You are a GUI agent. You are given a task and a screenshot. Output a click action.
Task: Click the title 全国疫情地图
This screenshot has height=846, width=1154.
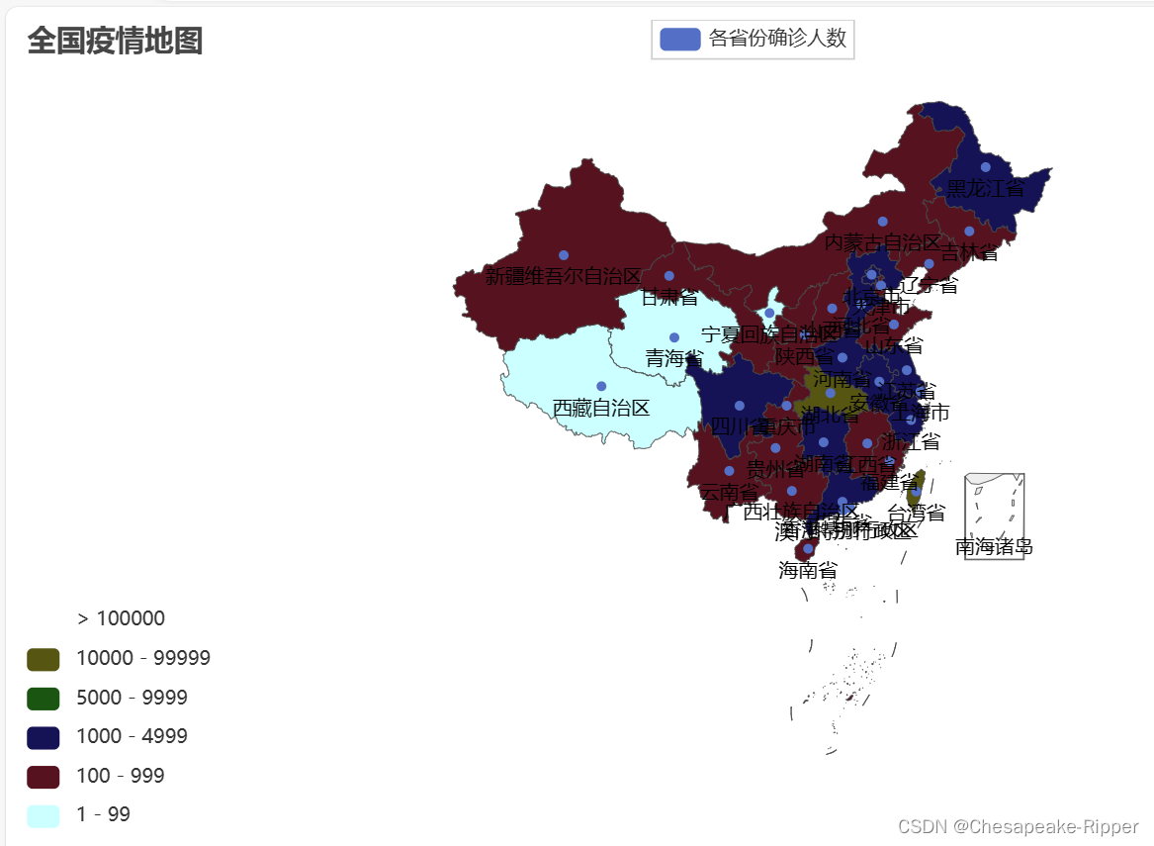[115, 42]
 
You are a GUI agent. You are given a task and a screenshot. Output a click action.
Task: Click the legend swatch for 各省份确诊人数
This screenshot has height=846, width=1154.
[680, 39]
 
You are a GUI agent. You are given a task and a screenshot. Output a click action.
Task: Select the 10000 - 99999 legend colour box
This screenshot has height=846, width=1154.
[44, 659]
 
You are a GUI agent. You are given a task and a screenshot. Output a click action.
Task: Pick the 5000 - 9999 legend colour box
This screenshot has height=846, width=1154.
[44, 699]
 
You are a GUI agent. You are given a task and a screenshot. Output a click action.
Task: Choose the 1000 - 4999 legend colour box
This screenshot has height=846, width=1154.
[44, 737]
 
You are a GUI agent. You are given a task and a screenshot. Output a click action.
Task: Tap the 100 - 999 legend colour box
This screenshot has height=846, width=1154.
[44, 777]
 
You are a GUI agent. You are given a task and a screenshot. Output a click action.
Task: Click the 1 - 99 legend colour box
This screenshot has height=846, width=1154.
[44, 815]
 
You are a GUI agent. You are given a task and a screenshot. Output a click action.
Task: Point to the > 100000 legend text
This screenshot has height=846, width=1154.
[121, 619]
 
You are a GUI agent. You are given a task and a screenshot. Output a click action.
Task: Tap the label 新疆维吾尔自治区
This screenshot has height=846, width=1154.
[563, 276]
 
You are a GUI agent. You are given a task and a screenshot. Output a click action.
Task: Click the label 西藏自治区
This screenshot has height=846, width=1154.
[600, 408]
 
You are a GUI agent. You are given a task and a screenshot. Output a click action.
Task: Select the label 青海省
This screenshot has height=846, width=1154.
[674, 358]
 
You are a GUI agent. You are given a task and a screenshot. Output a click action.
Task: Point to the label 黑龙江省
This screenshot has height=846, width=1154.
[985, 188]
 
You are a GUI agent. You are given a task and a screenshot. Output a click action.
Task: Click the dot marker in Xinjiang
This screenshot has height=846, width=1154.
[564, 255]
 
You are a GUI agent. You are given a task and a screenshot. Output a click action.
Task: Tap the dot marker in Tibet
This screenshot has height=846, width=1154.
[601, 386]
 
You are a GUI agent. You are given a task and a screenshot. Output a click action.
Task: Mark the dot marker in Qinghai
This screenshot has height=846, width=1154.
[674, 337]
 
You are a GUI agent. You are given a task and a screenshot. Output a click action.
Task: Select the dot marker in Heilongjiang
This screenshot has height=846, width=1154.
[986, 167]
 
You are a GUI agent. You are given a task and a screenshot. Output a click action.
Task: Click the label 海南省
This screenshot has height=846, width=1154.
[807, 570]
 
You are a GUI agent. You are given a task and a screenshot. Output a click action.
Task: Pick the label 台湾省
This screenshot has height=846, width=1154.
[916, 513]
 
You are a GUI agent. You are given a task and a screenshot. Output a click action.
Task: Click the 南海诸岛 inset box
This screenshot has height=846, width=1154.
[994, 516]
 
